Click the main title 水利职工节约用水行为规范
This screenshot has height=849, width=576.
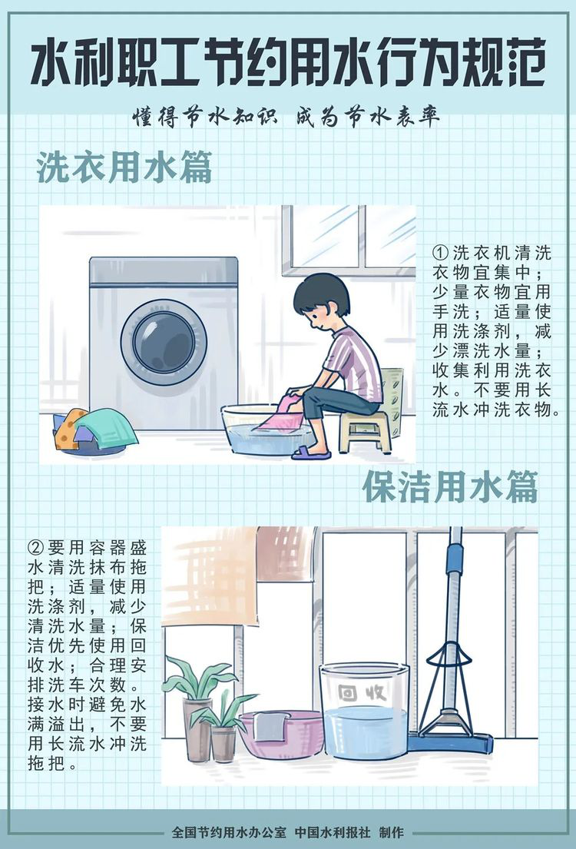287,66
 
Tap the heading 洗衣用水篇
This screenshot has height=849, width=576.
124,167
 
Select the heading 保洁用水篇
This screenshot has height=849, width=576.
450,487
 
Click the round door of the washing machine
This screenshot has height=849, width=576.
164,342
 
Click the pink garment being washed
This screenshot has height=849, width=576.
280,413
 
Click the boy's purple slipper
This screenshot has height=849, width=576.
311,453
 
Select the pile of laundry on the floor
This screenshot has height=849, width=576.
94,430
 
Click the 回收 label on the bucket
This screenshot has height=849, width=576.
362,692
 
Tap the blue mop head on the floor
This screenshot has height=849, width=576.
450,741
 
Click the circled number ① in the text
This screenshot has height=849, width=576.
441,253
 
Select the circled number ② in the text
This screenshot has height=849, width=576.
36,547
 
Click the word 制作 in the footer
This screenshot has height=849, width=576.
392,832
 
